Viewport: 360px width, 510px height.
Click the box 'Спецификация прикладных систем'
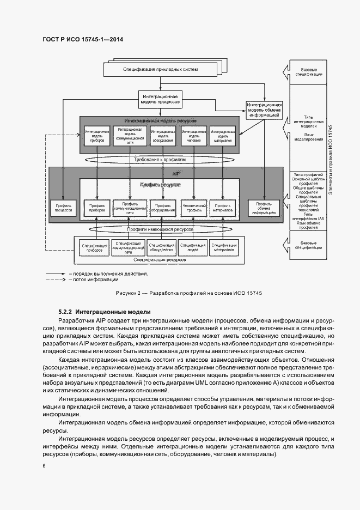160,70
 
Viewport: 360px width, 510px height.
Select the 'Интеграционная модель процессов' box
160,99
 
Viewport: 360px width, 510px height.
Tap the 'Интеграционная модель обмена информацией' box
264,109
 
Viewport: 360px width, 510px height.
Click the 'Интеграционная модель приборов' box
97,136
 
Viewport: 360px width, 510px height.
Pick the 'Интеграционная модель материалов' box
222,136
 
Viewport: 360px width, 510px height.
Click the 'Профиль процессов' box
64,207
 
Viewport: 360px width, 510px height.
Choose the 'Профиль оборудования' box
162,207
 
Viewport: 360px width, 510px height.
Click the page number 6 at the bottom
44,466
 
